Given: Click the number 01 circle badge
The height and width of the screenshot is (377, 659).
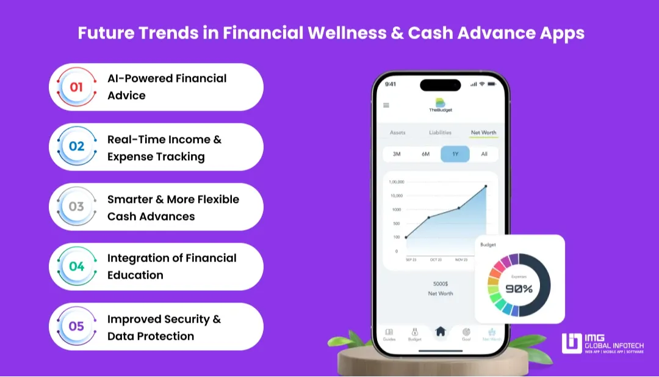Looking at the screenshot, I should [76, 87].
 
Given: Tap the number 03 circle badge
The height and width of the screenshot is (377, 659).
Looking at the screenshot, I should [76, 207].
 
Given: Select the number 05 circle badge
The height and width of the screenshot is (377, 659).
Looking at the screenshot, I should [76, 326].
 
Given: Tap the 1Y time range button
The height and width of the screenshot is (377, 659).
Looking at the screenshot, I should [455, 154].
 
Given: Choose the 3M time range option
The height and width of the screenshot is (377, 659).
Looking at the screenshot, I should [397, 154].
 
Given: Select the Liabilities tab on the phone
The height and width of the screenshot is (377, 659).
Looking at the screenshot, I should [440, 132].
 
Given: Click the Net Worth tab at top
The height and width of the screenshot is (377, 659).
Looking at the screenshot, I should [483, 132].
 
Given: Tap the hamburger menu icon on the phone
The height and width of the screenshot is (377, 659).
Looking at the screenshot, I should [386, 105].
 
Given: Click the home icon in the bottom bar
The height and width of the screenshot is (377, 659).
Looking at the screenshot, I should [440, 331].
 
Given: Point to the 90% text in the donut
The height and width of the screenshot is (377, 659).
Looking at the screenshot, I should [519, 288].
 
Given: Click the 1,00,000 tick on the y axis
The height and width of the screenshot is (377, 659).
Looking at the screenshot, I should [396, 182].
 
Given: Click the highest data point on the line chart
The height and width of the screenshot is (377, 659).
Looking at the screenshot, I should [486, 186].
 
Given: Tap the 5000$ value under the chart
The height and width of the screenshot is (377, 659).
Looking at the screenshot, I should [440, 284].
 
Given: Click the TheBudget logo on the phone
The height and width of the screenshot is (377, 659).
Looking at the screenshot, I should [440, 104].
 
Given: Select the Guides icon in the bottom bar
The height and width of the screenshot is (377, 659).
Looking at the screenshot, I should [389, 333].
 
